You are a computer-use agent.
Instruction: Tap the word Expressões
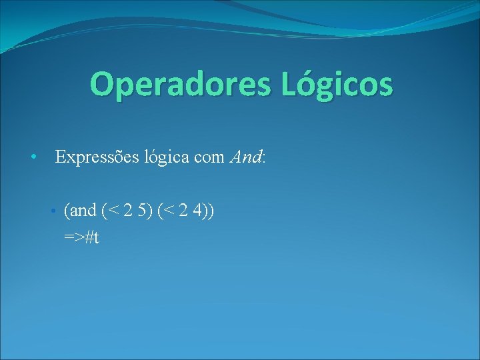click(x=97, y=158)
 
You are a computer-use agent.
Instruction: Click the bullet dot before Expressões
click(x=33, y=158)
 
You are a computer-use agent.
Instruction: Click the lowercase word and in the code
click(x=83, y=211)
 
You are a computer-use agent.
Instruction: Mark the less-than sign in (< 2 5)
click(x=113, y=212)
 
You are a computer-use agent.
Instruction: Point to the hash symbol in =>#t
click(x=89, y=237)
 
